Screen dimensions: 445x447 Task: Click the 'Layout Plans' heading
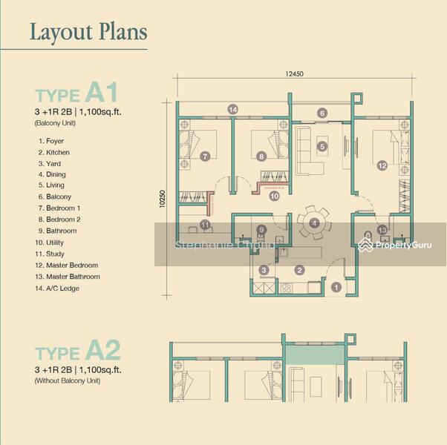pyautogui.click(x=88, y=32)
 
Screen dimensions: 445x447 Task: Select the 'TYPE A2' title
pyautogui.click(x=77, y=351)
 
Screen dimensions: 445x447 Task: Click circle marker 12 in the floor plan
pyautogui.click(x=382, y=166)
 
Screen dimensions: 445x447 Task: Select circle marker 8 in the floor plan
pyautogui.click(x=261, y=156)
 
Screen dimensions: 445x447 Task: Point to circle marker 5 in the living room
pyautogui.click(x=322, y=147)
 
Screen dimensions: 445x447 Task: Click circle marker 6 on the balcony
pyautogui.click(x=322, y=113)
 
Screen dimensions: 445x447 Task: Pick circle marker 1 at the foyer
pyautogui.click(x=336, y=287)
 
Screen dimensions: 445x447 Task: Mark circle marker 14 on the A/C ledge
pyautogui.click(x=233, y=110)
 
